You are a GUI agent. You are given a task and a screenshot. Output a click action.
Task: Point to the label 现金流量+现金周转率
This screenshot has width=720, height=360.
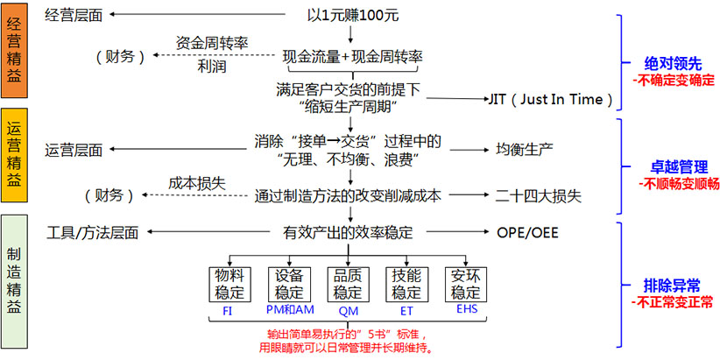tap(352, 57)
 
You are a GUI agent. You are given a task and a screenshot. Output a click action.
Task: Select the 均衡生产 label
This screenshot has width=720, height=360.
tap(525, 148)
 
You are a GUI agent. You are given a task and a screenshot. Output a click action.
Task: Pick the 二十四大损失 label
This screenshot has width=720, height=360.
tap(538, 195)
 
